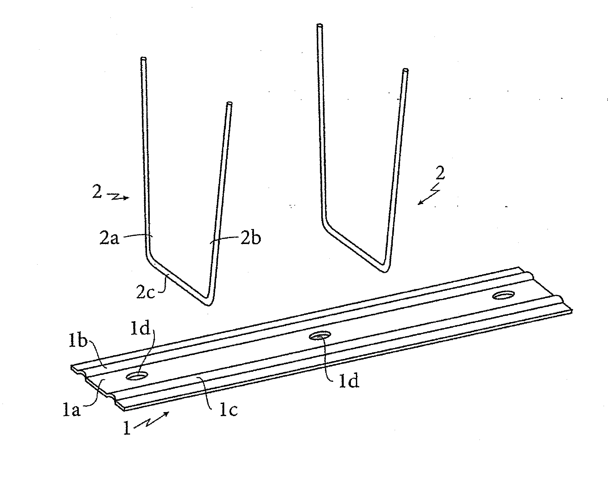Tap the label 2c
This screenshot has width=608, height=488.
coord(145,292)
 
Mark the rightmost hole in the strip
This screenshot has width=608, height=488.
coord(504,295)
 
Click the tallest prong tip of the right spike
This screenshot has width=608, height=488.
coord(320,25)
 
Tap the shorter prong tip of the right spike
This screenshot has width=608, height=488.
coord(406,70)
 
